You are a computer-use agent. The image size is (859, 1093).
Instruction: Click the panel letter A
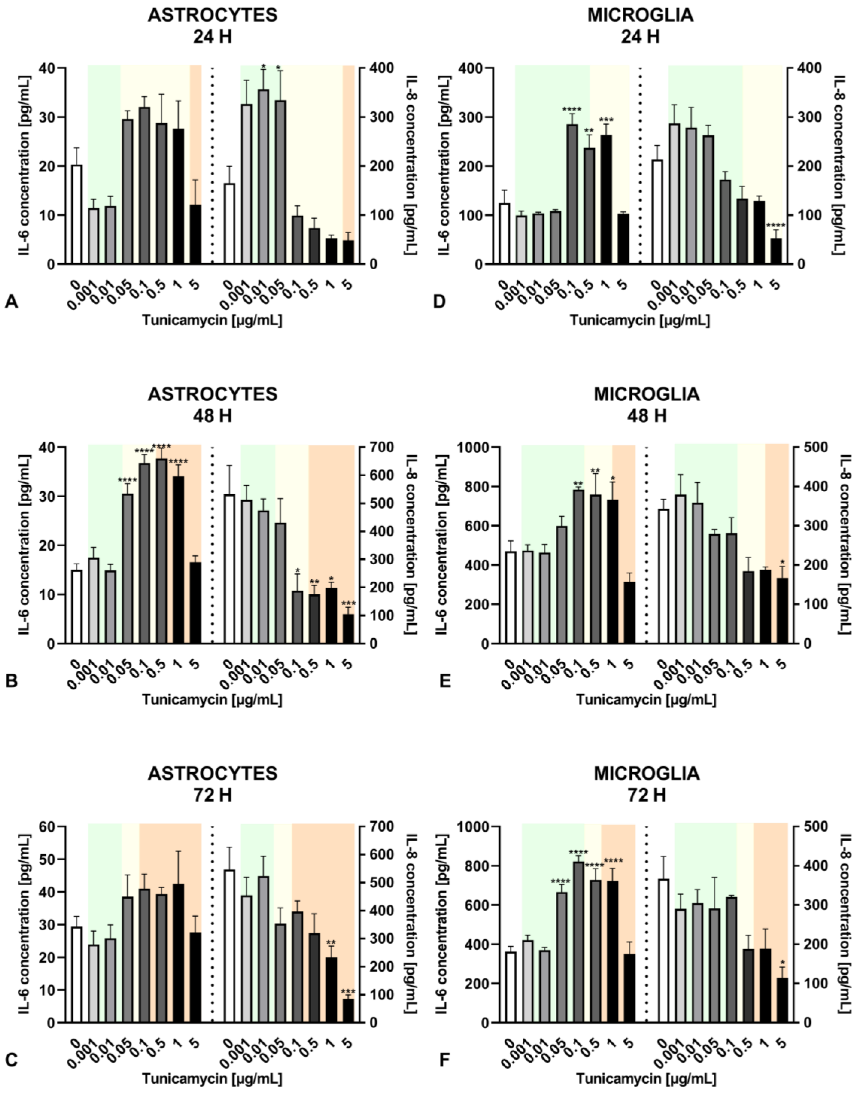11,302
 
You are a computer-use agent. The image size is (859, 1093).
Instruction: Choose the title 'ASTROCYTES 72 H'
212,784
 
